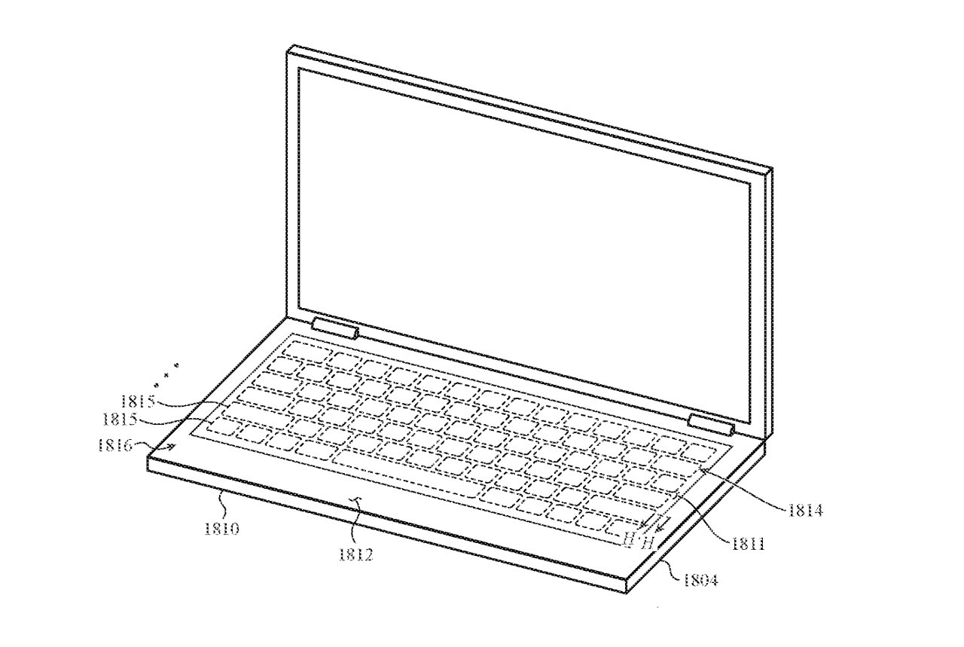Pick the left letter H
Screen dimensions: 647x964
coord(629,538)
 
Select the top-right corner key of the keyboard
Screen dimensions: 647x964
coord(700,452)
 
